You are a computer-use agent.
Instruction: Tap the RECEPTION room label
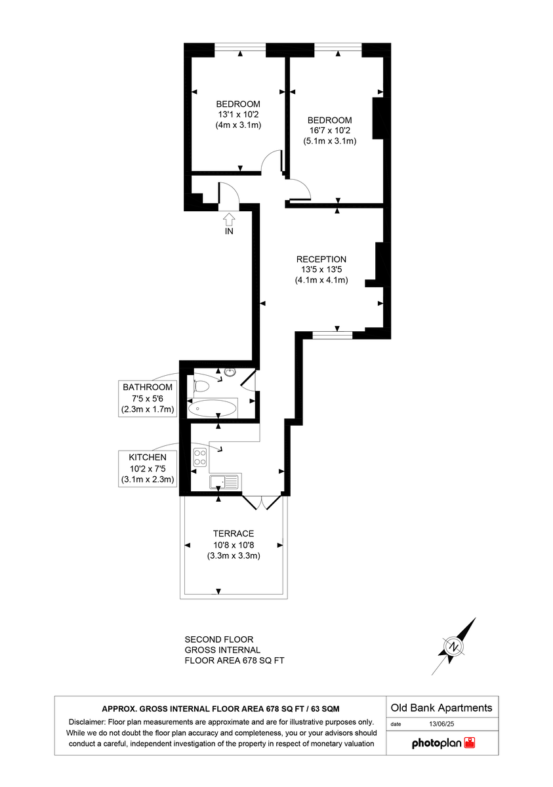tap(321, 259)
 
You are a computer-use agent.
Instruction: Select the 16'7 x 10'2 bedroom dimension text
tap(329, 131)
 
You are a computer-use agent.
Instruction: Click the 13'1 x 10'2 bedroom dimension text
tap(238, 114)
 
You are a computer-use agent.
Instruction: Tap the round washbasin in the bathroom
tap(230, 373)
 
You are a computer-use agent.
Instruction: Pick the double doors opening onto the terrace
tap(262, 502)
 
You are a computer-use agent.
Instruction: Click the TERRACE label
tap(233, 533)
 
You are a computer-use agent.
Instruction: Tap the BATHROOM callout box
tap(148, 398)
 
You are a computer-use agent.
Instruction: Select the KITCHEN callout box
tap(148, 468)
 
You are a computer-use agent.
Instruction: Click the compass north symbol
tap(454, 647)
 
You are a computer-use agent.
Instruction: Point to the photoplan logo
tap(443, 743)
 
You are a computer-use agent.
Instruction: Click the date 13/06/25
tap(441, 725)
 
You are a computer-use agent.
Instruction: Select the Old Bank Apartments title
tap(441, 708)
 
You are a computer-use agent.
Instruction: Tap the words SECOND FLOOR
tap(218, 639)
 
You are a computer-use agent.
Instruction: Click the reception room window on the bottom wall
tap(332, 334)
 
